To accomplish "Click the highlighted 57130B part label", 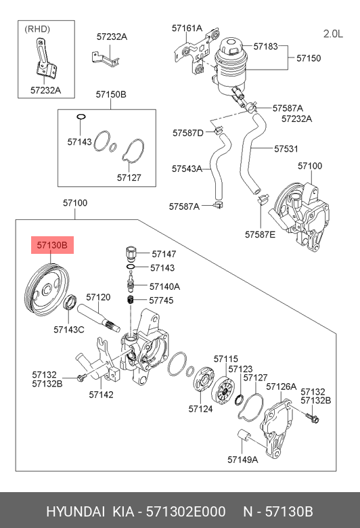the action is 52,245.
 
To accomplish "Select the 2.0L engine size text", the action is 333,34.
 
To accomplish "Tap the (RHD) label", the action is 37,29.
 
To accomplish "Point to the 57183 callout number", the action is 266,46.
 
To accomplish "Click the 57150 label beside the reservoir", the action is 309,58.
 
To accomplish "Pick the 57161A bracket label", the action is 187,28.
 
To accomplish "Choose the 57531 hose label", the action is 286,148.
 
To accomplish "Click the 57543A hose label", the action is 187,169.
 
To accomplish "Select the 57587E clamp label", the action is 260,234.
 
